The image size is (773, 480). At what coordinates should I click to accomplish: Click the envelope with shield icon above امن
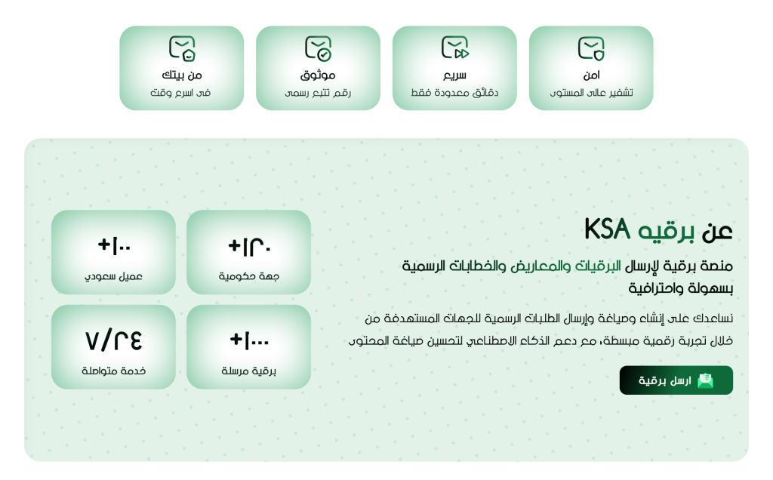tap(591, 48)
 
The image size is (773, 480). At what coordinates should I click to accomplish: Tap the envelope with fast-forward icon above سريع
tap(454, 48)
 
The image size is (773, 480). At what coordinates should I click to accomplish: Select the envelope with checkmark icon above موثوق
tap(318, 48)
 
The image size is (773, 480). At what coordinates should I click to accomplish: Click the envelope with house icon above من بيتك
tap(182, 48)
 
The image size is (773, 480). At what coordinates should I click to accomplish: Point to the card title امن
tap(591, 75)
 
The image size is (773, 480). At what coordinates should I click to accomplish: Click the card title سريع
tap(454, 75)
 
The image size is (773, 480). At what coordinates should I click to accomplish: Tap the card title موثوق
tap(318, 75)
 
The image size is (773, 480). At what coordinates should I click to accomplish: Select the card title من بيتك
tap(182, 75)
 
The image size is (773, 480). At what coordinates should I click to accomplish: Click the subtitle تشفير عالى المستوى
tap(591, 93)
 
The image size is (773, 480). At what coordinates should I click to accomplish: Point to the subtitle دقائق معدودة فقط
tap(454, 93)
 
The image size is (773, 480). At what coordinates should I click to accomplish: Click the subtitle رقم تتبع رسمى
tap(318, 93)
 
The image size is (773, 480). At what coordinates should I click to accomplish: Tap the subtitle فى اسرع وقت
tap(180, 93)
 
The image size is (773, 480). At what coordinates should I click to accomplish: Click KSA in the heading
tap(608, 229)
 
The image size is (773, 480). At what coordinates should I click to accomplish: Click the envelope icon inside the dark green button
tap(706, 380)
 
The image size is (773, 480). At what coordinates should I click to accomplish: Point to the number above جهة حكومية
tap(249, 246)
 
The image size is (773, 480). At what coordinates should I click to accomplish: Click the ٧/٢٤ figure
tap(113, 340)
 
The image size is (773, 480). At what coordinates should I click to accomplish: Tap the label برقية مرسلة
tap(248, 371)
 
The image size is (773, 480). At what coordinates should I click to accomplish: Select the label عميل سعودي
tap(113, 276)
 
